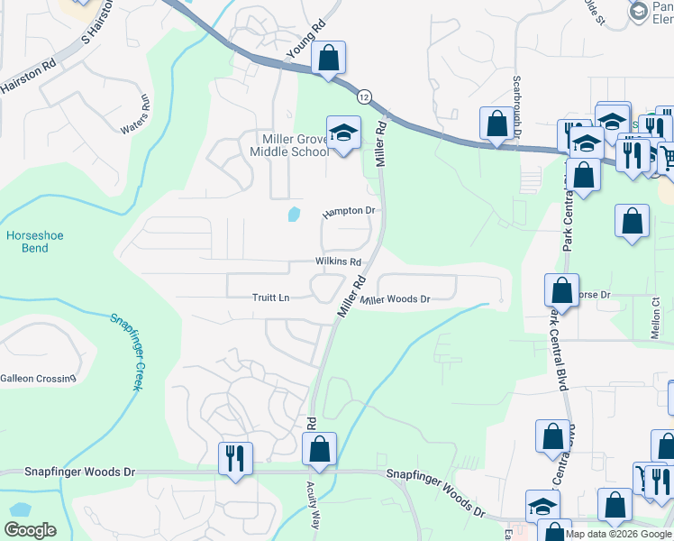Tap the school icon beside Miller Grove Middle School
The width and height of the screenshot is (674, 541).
342,133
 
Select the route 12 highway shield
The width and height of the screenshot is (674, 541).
363,96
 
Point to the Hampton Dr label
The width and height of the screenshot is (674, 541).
349,212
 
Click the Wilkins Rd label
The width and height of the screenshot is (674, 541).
338,261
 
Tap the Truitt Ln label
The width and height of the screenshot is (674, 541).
271,298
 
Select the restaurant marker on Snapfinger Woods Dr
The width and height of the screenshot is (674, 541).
235,457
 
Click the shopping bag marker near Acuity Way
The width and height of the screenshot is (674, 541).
319,448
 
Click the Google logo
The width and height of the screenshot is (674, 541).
30,530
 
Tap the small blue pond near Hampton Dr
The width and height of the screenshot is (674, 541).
293,215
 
